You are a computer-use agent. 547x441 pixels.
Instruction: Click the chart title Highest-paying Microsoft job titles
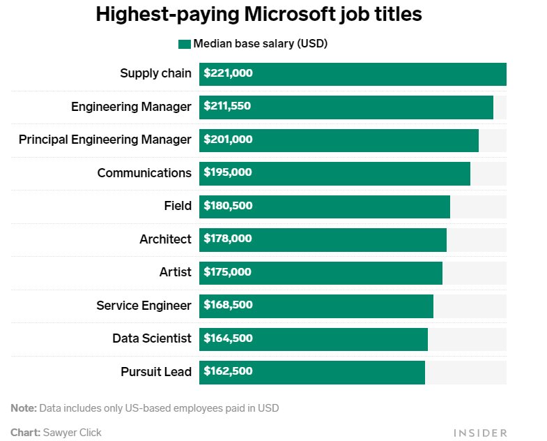pos(259,14)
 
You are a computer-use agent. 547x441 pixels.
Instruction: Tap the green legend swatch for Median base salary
pos(185,44)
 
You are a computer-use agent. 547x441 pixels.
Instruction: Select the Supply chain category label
pos(155,73)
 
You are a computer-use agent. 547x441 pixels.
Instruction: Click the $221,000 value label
pos(228,73)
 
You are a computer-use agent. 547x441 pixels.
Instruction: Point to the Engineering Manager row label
pos(131,107)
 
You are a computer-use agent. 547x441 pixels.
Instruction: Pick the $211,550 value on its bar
pos(227,107)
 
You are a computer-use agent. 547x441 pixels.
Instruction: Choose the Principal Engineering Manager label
pos(105,140)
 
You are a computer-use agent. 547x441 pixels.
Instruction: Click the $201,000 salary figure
pos(228,140)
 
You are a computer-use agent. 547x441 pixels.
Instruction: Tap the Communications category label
pos(144,172)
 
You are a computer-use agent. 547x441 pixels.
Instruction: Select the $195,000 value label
pos(228,172)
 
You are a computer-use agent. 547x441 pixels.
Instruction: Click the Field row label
pos(178,206)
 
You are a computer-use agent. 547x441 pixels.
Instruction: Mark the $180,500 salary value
pos(228,206)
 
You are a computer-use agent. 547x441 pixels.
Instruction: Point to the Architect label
pos(165,239)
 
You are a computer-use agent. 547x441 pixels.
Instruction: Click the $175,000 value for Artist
pos(228,272)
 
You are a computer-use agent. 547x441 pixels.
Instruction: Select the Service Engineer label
pos(144,305)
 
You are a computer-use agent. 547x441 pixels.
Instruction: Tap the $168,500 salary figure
pos(228,305)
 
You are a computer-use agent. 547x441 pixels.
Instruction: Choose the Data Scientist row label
pos(152,338)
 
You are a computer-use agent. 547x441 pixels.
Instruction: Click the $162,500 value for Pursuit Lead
pos(228,371)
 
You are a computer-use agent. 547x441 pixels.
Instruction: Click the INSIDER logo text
pos(480,433)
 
